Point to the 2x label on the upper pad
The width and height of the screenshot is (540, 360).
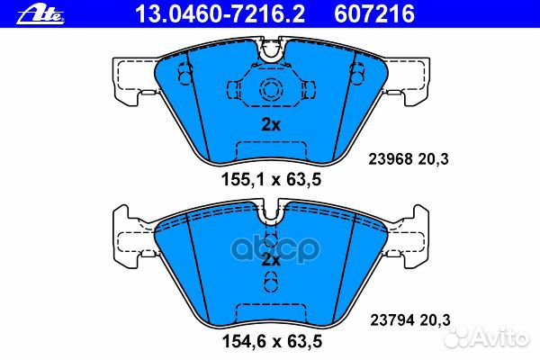point(270,125)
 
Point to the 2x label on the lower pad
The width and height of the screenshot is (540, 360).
point(270,260)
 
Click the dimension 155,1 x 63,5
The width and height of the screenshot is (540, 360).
point(271,179)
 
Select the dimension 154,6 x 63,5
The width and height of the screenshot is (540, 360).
point(271,343)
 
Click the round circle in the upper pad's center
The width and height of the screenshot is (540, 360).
point(270,88)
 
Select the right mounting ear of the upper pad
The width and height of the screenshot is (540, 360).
point(410,76)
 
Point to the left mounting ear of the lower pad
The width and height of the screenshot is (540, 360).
point(130,233)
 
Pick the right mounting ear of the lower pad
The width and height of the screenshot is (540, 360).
point(410,233)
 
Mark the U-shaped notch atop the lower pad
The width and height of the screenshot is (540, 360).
point(270,217)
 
